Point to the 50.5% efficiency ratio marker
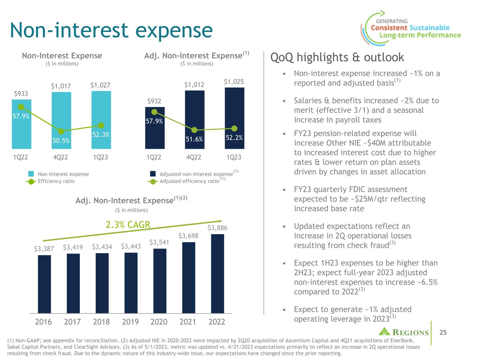point(61,131)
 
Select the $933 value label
point(21,94)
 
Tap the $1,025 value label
point(234,82)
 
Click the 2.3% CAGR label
point(128,225)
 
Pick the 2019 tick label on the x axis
point(130,322)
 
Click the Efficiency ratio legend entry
point(56,181)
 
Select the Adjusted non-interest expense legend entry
point(196,174)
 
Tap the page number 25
point(443,332)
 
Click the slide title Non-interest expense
point(111,30)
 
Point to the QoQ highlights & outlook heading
point(337,57)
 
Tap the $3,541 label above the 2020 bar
point(159,243)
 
